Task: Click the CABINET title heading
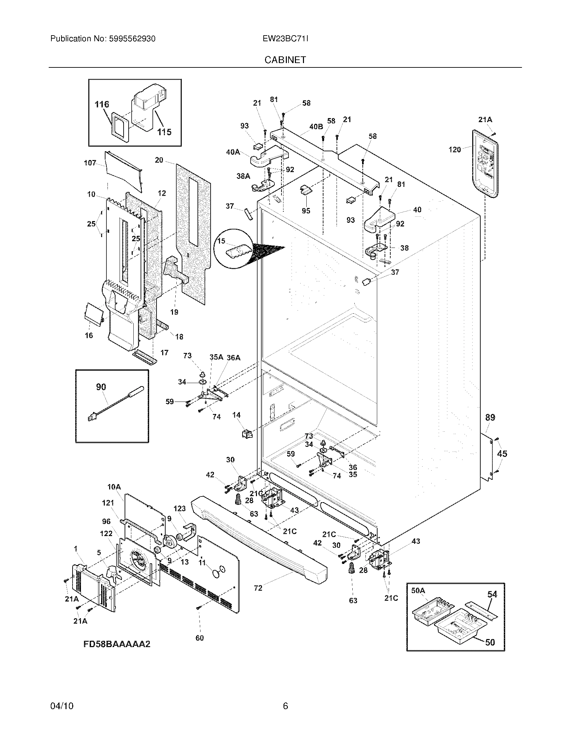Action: click(x=285, y=60)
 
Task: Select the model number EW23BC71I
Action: click(x=285, y=39)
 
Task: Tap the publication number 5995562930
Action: click(x=132, y=39)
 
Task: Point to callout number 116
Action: click(x=102, y=104)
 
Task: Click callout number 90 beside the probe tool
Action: click(x=101, y=387)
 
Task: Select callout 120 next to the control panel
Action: click(x=455, y=150)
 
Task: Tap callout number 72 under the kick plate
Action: click(x=258, y=588)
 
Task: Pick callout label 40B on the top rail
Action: click(x=316, y=126)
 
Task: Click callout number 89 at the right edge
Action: click(x=490, y=418)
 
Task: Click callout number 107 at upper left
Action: click(x=90, y=163)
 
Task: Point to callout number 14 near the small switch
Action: click(x=236, y=415)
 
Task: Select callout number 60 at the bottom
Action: click(x=200, y=638)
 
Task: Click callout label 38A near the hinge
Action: click(x=243, y=176)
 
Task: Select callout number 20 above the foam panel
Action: click(x=159, y=160)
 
